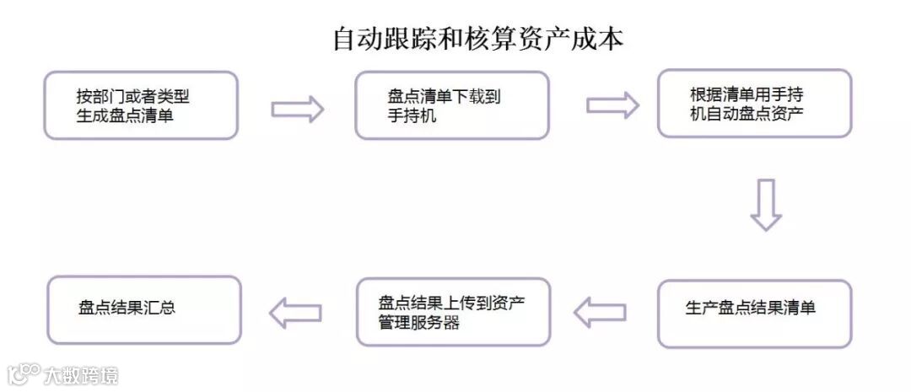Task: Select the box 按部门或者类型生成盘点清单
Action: [141, 105]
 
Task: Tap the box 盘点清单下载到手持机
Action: [451, 105]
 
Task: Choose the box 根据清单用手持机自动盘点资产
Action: [754, 104]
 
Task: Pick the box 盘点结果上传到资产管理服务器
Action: [453, 311]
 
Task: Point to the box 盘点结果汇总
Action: [143, 309]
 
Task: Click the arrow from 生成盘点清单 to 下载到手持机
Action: [297, 108]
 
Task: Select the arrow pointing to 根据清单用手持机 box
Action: [612, 105]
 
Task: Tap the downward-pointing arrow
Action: [766, 204]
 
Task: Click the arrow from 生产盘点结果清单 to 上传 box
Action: [600, 313]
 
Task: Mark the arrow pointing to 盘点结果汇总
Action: [295, 313]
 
